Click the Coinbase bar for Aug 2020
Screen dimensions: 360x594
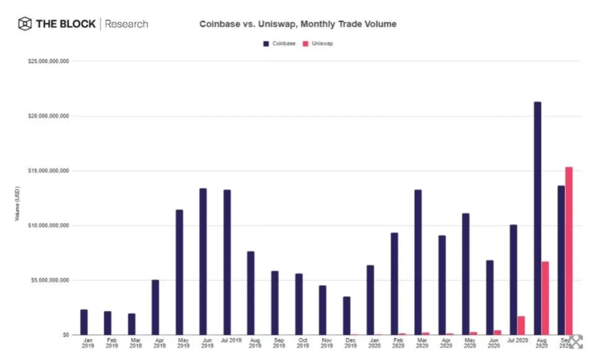coord(538,218)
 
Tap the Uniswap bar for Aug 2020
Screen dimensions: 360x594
coord(545,298)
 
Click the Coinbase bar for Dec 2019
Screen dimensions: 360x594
coord(346,316)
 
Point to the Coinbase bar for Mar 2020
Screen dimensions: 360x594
coord(418,262)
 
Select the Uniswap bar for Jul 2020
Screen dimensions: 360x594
coord(521,325)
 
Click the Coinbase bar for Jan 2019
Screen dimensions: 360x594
coord(84,322)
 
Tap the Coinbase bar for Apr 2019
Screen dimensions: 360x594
coord(155,307)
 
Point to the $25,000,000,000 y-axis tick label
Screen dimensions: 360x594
coord(48,61)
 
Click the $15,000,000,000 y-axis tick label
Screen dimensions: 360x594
coord(48,171)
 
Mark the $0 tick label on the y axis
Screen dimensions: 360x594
coord(65,335)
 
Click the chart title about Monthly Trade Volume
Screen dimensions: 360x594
coord(297,24)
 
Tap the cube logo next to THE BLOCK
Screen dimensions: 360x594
coord(25,24)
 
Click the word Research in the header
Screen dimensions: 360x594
coord(126,24)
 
